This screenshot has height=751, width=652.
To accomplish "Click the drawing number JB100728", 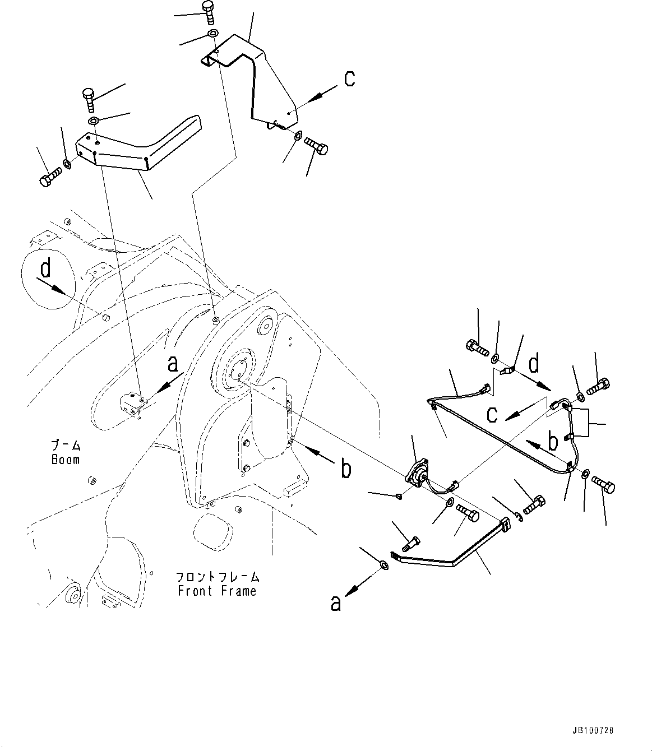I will (593, 731).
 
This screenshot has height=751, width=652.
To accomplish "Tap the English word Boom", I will (65, 460).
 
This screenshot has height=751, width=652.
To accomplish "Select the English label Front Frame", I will (217, 591).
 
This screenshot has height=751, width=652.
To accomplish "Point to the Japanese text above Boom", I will (66, 446).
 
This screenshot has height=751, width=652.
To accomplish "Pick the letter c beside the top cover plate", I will (349, 79).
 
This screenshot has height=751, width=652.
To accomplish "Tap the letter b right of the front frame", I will (346, 469).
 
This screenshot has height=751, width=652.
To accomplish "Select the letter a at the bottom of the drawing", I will (336, 603).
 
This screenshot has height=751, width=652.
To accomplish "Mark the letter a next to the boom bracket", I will (173, 364).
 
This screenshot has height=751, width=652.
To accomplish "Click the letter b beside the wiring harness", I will (552, 442).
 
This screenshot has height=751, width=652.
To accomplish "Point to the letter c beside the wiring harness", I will (492, 415).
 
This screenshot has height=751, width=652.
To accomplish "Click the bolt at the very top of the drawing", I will (209, 12).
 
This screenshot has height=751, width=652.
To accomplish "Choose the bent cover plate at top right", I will (263, 78).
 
